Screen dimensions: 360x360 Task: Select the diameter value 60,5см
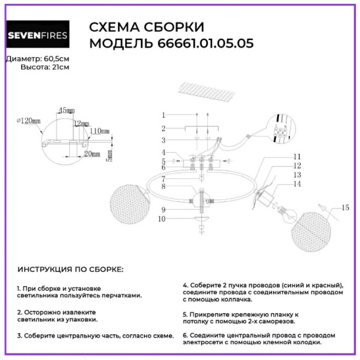[56, 59]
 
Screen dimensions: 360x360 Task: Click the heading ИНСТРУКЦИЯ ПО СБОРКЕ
[70, 269]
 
